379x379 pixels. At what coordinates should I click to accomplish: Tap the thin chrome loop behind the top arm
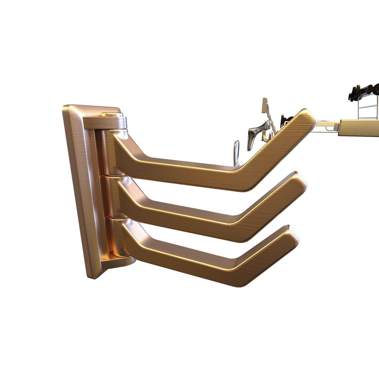tap(237, 153)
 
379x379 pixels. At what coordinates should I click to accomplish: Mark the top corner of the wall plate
tap(67, 107)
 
